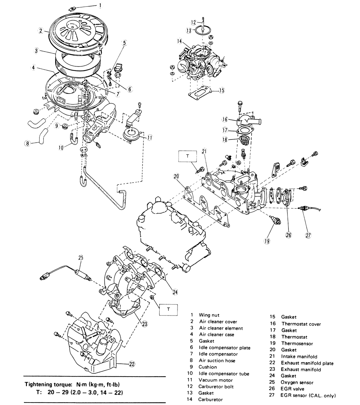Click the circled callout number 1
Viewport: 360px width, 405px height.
point(100,5)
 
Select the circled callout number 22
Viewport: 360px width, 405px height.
point(132,363)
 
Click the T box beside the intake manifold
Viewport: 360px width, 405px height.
point(187,156)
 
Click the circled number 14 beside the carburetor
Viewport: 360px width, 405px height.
point(179,41)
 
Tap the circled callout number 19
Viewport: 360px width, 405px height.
point(267,241)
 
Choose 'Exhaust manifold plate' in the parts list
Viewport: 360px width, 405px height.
point(307,363)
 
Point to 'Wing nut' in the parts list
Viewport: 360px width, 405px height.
point(209,315)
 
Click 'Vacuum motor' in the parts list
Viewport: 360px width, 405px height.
point(216,380)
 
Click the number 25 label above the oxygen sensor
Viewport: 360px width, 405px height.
point(81,258)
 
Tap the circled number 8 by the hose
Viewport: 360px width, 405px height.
point(27,143)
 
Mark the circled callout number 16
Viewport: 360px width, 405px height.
point(225,119)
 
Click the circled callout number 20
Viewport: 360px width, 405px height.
point(176,177)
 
